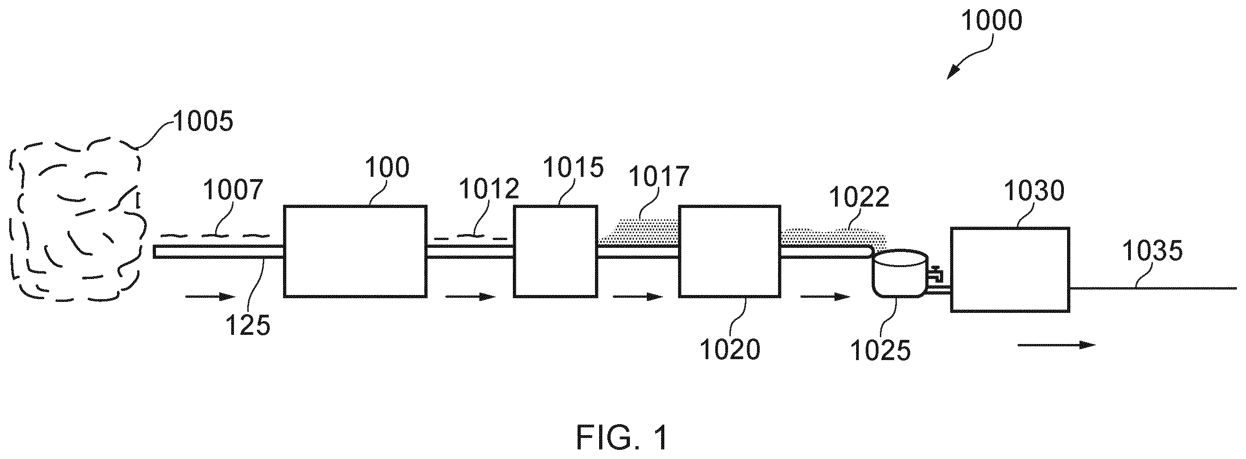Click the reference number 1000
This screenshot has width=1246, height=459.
point(991,21)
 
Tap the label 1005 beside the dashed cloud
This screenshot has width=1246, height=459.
point(203,121)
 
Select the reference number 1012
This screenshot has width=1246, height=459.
point(489,188)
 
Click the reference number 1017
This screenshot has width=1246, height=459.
point(659,177)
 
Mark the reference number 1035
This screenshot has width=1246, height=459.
point(1152,251)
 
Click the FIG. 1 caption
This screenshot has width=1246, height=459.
point(623,437)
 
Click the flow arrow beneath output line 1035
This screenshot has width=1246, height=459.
point(1057,345)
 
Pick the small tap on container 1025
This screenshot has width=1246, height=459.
point(936,273)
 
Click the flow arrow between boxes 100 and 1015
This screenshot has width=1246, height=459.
point(471,296)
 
